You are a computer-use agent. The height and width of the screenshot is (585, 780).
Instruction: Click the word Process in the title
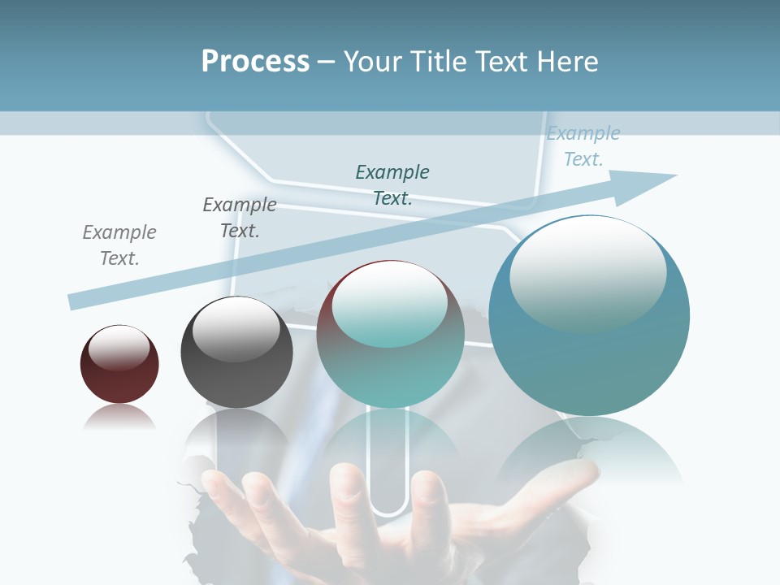255,62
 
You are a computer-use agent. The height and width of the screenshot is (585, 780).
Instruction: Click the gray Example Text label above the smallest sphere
119,245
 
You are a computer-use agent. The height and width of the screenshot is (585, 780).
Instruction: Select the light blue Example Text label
583,146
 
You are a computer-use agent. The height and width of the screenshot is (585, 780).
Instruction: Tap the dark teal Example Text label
392,184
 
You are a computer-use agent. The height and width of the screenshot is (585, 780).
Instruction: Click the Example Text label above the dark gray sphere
240,217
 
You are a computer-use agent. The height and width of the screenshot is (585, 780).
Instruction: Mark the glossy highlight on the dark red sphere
119,348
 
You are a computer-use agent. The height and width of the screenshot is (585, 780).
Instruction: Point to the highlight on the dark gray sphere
236,329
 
